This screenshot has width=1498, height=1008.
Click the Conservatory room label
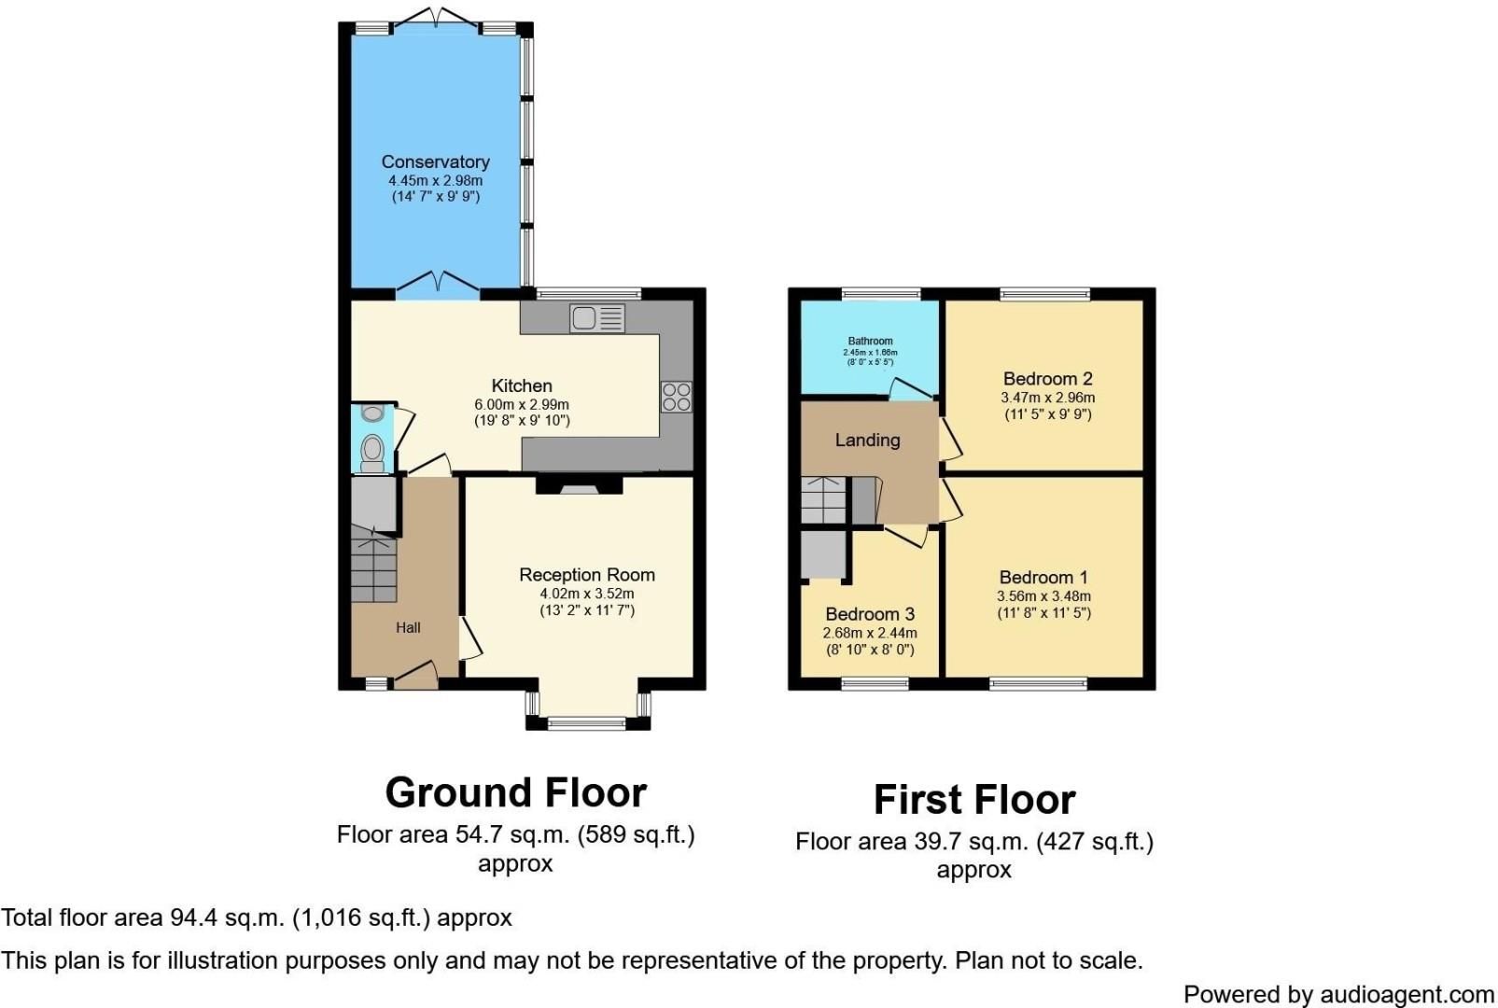[435, 161]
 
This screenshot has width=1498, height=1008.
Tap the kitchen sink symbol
[597, 318]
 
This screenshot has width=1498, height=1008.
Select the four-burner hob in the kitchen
[677, 397]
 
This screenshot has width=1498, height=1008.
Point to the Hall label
[408, 628]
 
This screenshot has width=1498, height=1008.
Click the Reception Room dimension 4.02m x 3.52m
[586, 594]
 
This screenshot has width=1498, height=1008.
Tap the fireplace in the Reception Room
[579, 485]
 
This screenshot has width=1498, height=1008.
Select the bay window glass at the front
[587, 721]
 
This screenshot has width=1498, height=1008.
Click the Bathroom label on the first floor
[870, 342]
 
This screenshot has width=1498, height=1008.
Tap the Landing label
[867, 440]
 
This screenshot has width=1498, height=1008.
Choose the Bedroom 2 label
[1047, 379]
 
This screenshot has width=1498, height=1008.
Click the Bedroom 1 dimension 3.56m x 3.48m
[1043, 596]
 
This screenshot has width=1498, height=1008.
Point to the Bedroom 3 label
[870, 614]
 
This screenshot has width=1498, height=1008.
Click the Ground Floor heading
[515, 793]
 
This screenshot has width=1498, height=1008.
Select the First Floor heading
[974, 800]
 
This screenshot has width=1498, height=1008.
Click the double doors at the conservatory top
[437, 17]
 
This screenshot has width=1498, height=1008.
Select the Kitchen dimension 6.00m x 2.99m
[522, 404]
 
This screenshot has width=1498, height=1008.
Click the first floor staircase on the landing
[823, 501]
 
